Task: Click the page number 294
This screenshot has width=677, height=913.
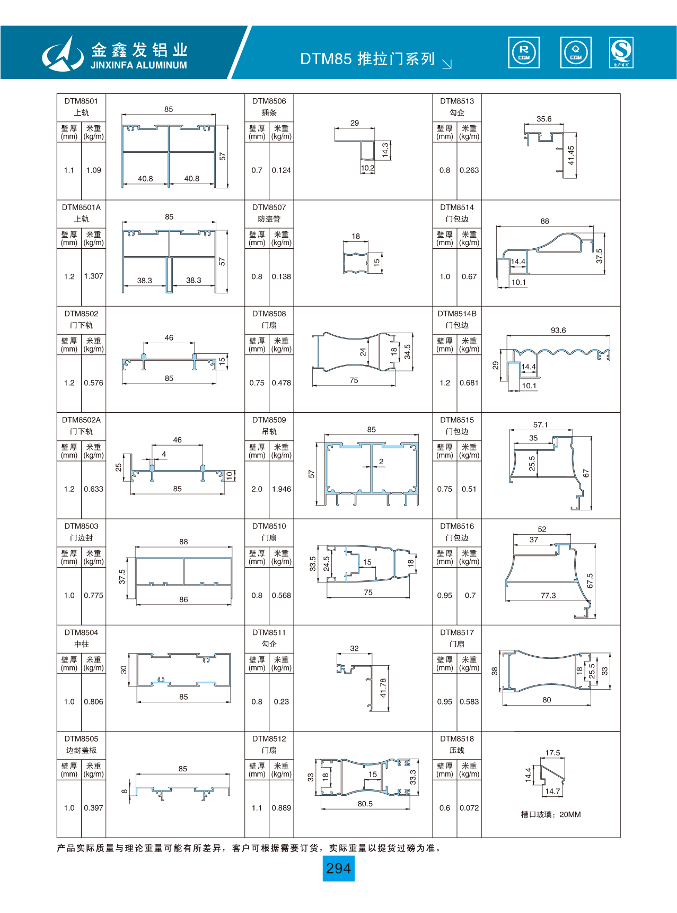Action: pyautogui.click(x=338, y=868)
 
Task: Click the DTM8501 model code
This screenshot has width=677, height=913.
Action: pyautogui.click(x=81, y=101)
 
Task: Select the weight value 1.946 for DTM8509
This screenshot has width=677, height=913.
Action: pyautogui.click(x=282, y=489)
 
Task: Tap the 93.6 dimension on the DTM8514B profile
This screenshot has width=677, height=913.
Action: pyautogui.click(x=558, y=330)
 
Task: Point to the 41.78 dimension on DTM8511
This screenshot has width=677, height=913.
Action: pyautogui.click(x=383, y=688)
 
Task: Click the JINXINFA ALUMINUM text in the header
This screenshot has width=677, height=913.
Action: pyautogui.click(x=139, y=65)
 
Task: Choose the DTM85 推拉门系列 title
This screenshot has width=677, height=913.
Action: pyautogui.click(x=367, y=58)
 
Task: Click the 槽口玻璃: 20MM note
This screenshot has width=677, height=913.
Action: pyautogui.click(x=551, y=814)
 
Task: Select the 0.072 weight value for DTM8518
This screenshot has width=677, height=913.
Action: pyautogui.click(x=469, y=808)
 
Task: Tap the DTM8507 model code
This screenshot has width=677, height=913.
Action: pyautogui.click(x=269, y=207)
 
